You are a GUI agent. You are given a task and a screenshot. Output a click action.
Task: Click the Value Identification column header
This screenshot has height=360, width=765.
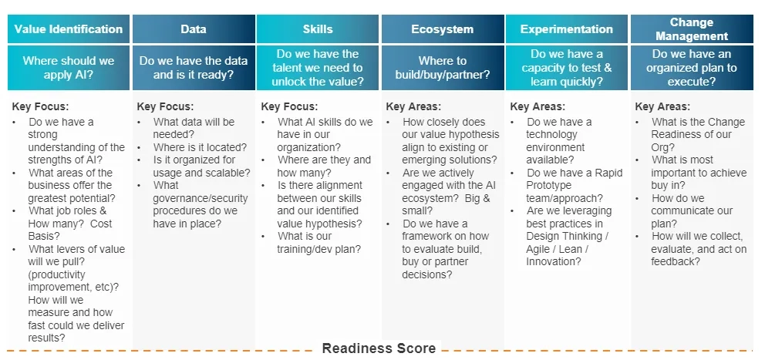(69, 29)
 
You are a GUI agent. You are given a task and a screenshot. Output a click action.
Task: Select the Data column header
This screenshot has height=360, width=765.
(194, 29)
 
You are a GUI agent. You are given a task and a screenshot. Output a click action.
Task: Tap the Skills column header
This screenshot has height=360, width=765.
(318, 29)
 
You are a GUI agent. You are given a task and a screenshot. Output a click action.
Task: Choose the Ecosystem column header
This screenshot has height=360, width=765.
(443, 29)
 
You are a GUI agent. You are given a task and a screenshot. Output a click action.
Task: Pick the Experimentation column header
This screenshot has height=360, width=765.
(567, 29)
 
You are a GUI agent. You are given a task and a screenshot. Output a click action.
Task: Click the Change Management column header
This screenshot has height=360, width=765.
(692, 29)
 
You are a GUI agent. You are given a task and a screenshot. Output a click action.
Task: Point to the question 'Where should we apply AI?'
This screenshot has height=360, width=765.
(69, 68)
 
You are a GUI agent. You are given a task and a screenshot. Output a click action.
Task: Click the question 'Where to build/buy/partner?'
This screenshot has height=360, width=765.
(443, 68)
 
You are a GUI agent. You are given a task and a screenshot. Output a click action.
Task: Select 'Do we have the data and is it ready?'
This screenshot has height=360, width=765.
(194, 68)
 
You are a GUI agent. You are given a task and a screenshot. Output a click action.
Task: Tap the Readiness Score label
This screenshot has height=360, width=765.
(379, 348)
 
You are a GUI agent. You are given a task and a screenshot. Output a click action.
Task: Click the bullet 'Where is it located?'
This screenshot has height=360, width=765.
(200, 147)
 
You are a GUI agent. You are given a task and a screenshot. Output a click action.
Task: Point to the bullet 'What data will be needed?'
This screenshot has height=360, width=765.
(194, 128)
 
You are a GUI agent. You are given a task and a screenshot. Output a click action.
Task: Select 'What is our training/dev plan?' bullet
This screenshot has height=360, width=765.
(319, 242)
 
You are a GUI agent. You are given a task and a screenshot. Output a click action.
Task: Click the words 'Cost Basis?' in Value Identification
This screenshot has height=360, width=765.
(69, 230)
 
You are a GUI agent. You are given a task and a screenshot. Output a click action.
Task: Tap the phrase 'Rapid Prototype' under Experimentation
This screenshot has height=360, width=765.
(575, 179)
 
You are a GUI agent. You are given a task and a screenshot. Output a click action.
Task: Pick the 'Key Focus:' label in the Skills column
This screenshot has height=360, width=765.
(289, 106)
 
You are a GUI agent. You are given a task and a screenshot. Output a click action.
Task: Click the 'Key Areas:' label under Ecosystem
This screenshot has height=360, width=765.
(413, 106)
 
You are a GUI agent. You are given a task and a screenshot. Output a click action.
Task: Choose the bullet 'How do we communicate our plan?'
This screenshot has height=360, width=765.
(692, 210)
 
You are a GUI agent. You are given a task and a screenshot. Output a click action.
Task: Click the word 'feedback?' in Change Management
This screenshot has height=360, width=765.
(676, 262)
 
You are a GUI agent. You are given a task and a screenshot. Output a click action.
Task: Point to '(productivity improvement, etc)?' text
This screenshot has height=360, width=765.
(73, 281)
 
